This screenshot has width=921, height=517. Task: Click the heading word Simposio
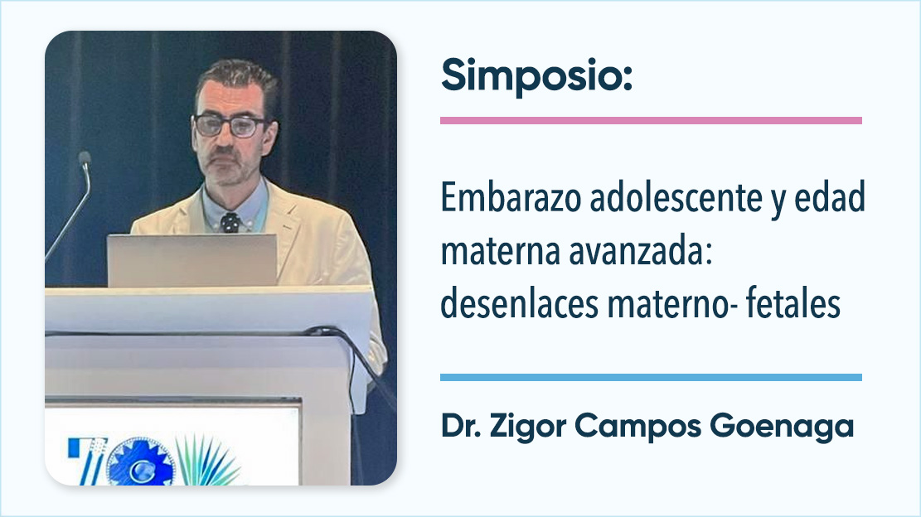tap(536, 76)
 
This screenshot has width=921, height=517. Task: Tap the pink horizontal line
tap(651, 120)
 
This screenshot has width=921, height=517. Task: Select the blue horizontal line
tap(651, 377)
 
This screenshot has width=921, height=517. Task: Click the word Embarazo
tap(510, 198)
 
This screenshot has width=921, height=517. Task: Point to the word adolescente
tap(676, 198)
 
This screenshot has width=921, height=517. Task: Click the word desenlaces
tap(519, 304)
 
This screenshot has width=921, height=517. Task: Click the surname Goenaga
tap(782, 426)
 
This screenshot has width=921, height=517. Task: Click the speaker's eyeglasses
tap(230, 126)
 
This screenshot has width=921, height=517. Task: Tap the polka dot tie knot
tap(230, 222)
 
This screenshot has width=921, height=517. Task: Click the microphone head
tap(85, 158)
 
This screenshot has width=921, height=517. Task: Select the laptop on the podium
tap(192, 260)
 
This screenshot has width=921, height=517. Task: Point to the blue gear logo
tap(140, 462)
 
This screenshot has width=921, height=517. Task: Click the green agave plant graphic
tap(206, 461)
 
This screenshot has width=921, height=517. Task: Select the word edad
tap(830, 198)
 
